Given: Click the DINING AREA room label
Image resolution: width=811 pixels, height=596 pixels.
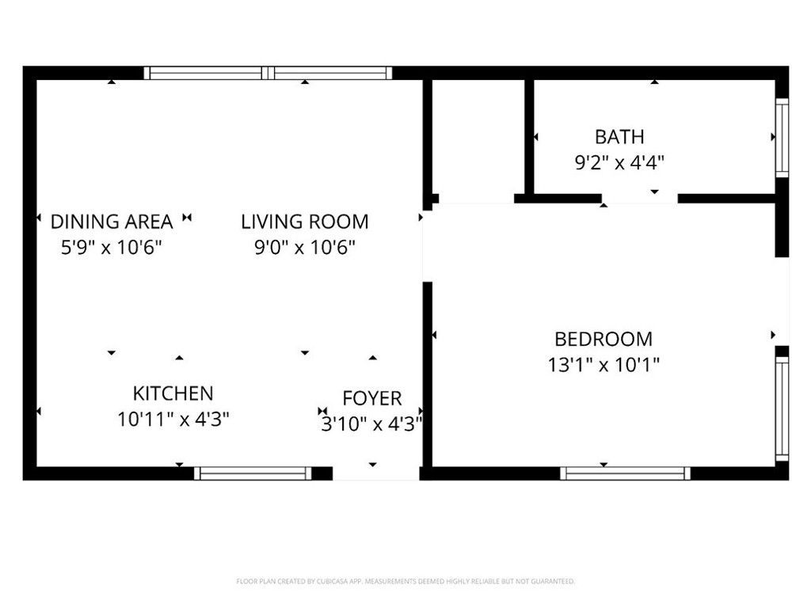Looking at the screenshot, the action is [x=111, y=222].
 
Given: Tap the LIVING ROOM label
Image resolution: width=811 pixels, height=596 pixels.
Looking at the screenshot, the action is [x=305, y=222].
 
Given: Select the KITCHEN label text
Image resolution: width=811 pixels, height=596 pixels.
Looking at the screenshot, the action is [x=173, y=393].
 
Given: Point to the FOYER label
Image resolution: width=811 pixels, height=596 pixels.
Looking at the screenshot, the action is [x=372, y=399].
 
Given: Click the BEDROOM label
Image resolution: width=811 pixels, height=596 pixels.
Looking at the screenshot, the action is [x=603, y=339].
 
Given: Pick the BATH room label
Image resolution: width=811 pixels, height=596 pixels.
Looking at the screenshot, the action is [x=619, y=137].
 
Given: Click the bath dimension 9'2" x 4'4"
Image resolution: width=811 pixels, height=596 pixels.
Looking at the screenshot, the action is [x=619, y=163].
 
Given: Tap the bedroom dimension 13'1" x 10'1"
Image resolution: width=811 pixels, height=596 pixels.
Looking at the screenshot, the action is [x=603, y=365].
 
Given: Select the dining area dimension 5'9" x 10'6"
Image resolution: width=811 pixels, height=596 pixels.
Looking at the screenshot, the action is [x=111, y=248].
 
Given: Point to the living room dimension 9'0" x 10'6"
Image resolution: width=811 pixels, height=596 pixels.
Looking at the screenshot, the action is [x=305, y=248].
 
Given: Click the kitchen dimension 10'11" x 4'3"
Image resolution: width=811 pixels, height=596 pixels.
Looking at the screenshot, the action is [x=173, y=419].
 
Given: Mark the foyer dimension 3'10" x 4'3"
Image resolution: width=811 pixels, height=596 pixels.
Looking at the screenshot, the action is [x=372, y=424].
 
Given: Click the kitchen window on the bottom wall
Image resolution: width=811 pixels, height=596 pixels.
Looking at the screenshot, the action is [x=253, y=473].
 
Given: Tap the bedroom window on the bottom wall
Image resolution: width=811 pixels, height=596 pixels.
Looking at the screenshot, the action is [x=626, y=473].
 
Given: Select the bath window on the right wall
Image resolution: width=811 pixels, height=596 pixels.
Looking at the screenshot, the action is [x=782, y=138].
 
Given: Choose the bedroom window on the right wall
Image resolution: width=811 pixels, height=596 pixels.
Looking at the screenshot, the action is [x=782, y=409].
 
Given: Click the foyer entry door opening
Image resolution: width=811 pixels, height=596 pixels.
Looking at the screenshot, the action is [x=376, y=473].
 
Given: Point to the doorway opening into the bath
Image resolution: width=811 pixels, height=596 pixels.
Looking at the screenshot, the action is [x=640, y=199].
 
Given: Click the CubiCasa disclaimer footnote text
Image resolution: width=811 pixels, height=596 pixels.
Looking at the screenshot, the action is [x=405, y=582].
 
